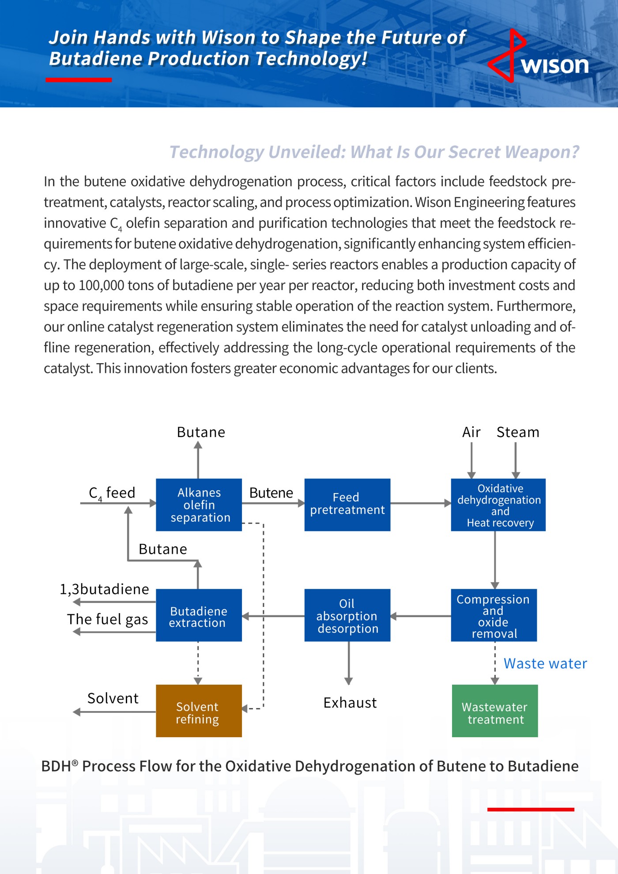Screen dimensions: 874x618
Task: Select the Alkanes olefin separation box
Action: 199,505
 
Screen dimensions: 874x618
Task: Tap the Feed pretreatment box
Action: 347,505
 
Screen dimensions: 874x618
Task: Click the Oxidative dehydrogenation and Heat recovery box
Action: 498,505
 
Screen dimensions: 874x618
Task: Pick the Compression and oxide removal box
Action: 494,615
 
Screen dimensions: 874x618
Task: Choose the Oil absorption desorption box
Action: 347,615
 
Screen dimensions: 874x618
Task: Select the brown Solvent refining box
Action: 199,711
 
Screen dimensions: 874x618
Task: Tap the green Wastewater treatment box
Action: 494,711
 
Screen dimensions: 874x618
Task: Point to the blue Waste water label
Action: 545,663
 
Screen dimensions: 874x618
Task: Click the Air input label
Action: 471,432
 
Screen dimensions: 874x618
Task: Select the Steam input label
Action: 518,432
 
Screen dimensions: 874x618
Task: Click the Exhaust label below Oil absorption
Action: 350,703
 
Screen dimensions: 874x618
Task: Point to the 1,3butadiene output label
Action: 105,589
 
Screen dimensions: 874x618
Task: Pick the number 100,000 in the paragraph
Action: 101,286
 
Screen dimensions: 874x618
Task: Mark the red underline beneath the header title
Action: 79,80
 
